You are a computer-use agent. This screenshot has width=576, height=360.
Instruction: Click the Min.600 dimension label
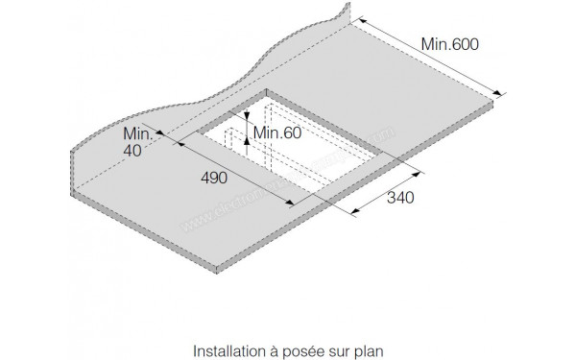click(450, 44)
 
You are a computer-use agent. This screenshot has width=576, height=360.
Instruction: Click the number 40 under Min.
click(133, 152)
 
